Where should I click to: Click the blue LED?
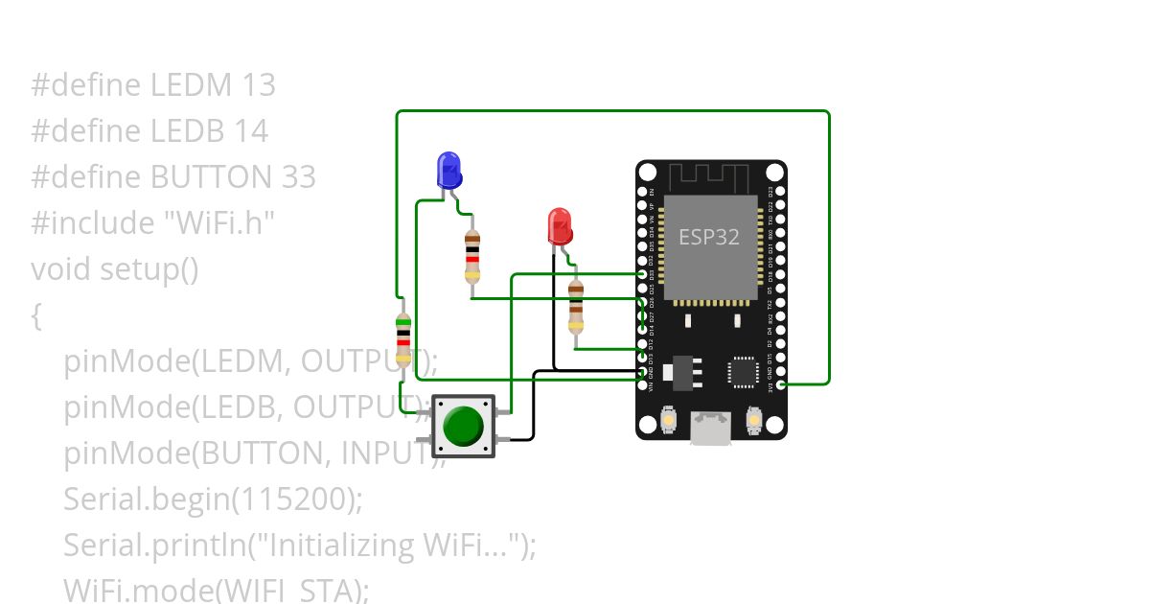tap(448, 170)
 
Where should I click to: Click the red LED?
tap(560, 226)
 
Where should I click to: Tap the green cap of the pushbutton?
tap(463, 425)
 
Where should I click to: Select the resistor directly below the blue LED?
tap(471, 257)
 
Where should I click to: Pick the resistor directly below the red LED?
tap(575, 306)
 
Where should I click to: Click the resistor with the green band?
tap(403, 340)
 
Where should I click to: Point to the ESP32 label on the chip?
tap(709, 237)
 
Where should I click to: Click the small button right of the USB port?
tap(754, 420)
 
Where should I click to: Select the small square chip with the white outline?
tap(742, 372)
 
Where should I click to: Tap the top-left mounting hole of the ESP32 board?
tap(648, 173)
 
